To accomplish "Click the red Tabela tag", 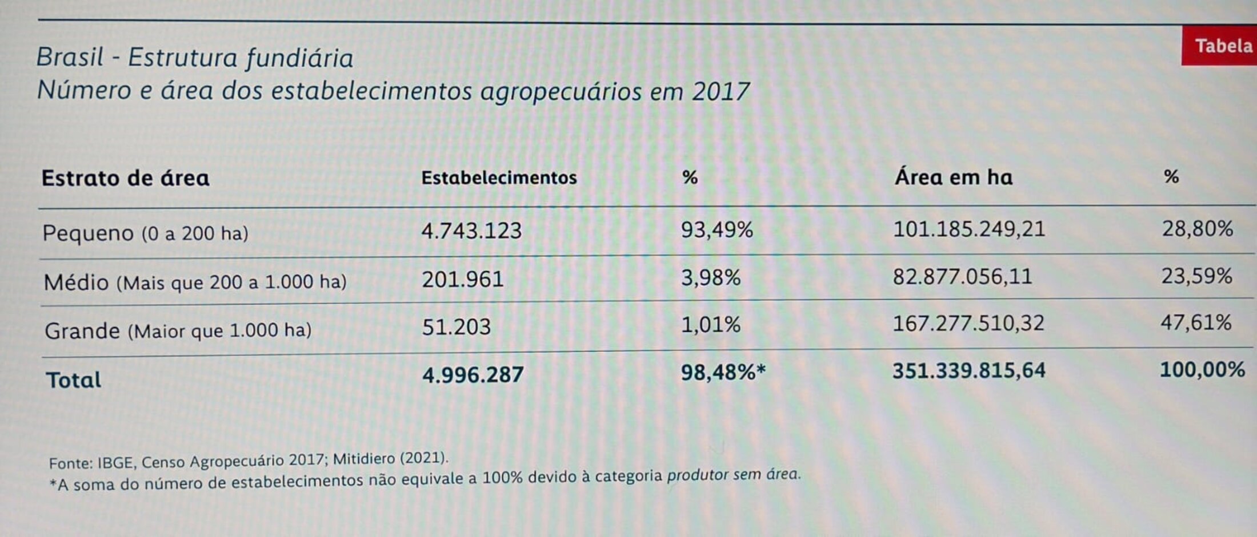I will tap(1222, 46).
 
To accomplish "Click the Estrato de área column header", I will tap(125, 178).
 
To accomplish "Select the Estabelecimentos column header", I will tap(499, 178).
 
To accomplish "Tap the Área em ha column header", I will tap(954, 177).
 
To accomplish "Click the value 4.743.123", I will tap(471, 231).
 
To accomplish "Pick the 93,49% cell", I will tap(716, 230).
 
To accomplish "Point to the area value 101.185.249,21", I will tap(969, 229).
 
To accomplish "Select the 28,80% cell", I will tap(1197, 229).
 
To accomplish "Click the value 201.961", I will tap(463, 280).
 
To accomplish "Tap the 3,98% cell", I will tap(711, 278).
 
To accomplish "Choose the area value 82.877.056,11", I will tap(963, 277).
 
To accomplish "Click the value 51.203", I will tap(456, 327).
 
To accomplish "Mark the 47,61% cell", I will tap(1195, 323).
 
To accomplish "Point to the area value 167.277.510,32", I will tap(968, 324).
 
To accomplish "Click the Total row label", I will tap(74, 380).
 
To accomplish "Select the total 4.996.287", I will tap(473, 375).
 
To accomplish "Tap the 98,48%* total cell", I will tap(723, 373).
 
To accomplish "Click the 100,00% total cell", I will tap(1202, 370).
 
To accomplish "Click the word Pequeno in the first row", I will tap(88, 233).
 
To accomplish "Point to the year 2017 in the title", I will tap(720, 91).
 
